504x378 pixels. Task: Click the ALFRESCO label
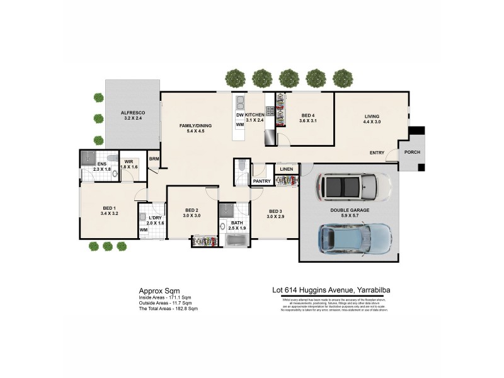(x=133, y=112)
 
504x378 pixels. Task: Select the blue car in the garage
(x=346, y=238)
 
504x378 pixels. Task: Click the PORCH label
(x=412, y=152)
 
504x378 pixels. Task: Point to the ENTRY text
(x=377, y=153)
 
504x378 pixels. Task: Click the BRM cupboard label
(x=154, y=159)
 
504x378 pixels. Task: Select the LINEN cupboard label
(x=287, y=169)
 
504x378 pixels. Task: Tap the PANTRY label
(x=261, y=181)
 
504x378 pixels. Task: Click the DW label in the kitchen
(x=239, y=115)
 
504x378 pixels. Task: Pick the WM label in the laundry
(x=144, y=230)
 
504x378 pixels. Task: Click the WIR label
(x=129, y=162)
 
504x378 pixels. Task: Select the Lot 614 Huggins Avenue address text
(x=331, y=290)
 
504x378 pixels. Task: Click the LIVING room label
(x=372, y=116)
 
